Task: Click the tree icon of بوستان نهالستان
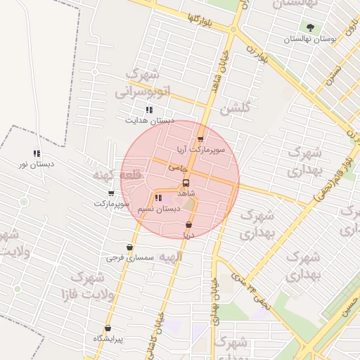(x=310, y=27)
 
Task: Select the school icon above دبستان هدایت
(x=148, y=110)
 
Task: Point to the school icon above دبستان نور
(x=37, y=154)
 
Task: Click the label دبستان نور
(x=37, y=165)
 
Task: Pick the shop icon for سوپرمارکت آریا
(x=201, y=139)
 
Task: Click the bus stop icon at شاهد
(x=186, y=183)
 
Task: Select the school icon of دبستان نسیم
(x=157, y=198)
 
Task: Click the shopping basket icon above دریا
(x=188, y=225)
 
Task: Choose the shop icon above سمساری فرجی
(x=130, y=247)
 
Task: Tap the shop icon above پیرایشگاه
(x=108, y=328)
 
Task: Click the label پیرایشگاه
(x=108, y=340)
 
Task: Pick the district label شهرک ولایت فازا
(x=99, y=283)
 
